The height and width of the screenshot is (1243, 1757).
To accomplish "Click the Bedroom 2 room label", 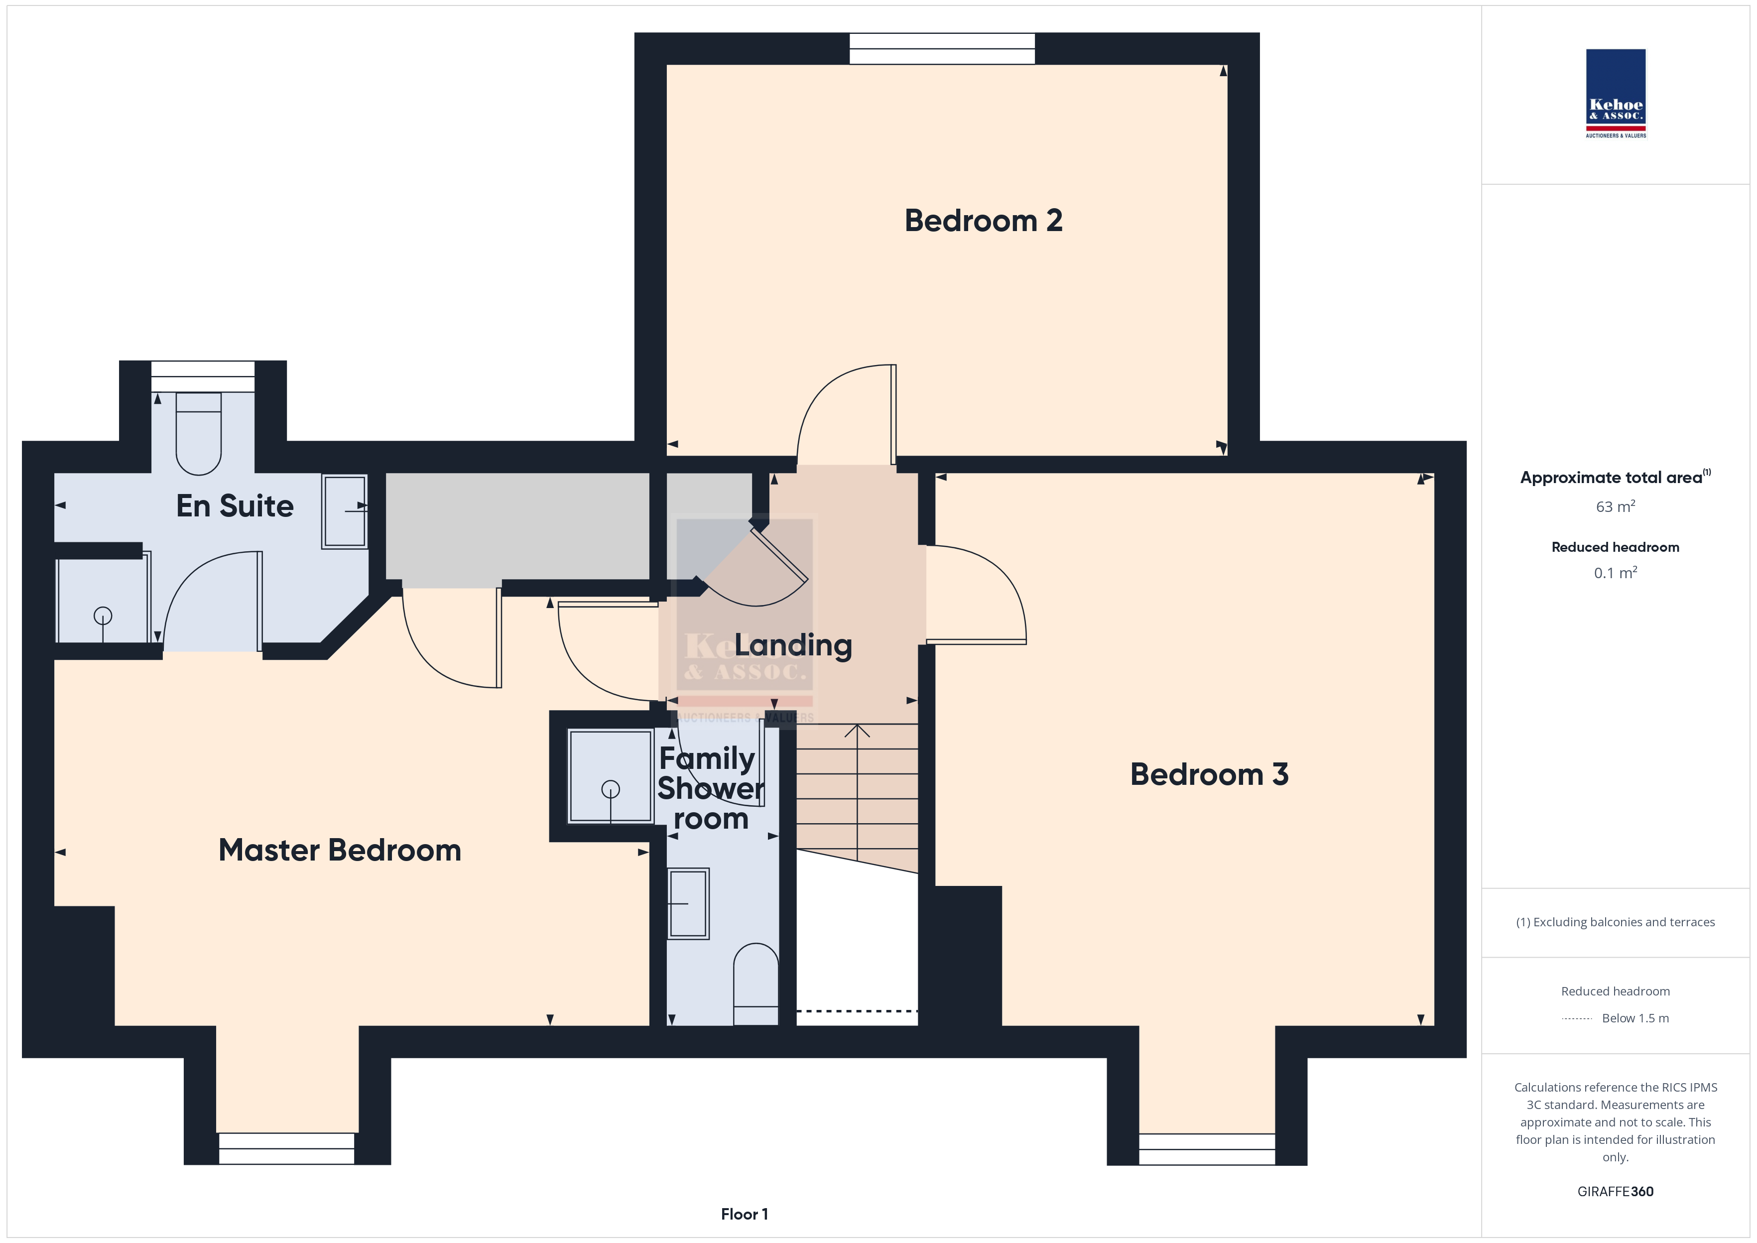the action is click(984, 221).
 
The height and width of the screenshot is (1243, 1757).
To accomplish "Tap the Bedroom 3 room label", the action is click(1209, 774).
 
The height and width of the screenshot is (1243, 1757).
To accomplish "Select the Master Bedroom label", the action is click(340, 851).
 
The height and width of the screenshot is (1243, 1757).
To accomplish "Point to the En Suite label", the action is click(235, 506).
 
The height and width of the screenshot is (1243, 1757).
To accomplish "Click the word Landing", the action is click(793, 646).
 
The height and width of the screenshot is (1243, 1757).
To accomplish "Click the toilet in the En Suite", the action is click(199, 434).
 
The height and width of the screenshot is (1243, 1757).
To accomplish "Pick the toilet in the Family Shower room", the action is click(756, 985).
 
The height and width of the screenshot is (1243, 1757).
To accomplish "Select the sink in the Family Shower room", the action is click(689, 904).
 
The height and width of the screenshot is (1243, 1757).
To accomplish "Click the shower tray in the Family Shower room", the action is click(610, 776).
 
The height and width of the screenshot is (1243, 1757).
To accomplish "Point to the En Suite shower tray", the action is click(103, 601).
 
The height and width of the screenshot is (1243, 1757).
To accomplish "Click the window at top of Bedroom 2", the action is click(942, 48).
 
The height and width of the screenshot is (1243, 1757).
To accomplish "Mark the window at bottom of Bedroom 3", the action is click(1207, 1149).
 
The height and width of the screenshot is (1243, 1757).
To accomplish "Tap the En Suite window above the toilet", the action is click(203, 376).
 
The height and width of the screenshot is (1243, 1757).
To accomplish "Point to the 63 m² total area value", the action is click(1616, 506).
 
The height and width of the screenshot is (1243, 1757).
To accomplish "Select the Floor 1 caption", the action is click(745, 1214).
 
